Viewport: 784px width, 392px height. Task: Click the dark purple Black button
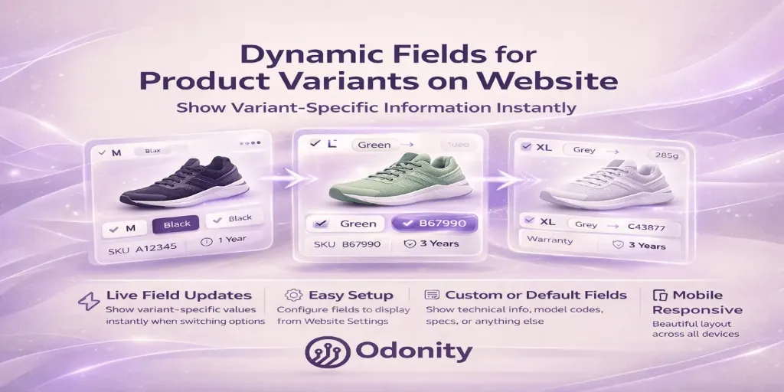point(176,224)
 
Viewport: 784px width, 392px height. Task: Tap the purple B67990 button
point(434,224)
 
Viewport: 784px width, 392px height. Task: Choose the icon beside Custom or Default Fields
point(432,295)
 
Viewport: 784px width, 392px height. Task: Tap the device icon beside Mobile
point(658,296)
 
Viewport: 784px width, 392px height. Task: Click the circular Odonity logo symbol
point(325,351)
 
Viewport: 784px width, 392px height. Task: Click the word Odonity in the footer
point(413,352)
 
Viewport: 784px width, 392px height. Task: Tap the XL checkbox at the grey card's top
point(525,147)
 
